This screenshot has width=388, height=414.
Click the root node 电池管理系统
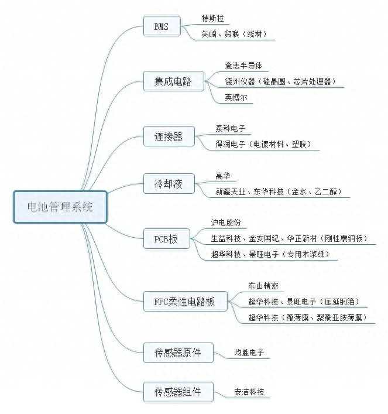point(60,207)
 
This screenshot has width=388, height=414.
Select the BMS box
point(160,27)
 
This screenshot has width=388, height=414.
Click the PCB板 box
point(166,239)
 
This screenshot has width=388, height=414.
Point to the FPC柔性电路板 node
point(185,302)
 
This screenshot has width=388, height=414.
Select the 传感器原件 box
point(177,353)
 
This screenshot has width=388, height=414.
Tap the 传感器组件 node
point(177,391)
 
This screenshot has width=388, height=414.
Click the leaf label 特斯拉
point(212,18)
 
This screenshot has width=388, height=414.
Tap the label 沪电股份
point(226,223)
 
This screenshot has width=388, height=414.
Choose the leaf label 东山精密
point(263,286)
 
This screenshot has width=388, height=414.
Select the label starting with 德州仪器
point(280,81)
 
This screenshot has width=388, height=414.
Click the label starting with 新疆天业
point(278,191)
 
